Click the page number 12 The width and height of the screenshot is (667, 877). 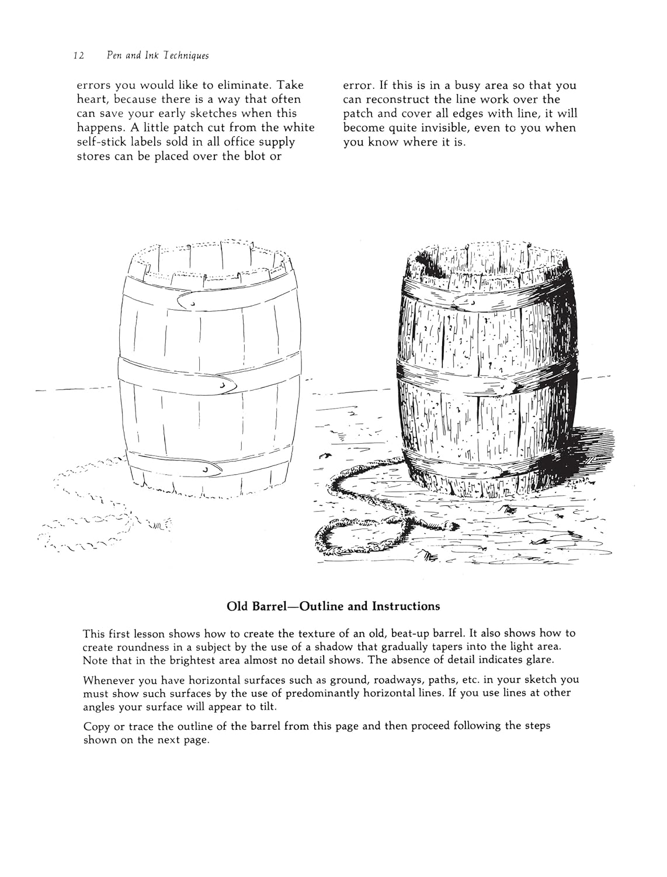(x=79, y=56)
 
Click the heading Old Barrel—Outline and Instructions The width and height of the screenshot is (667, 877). (x=333, y=606)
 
